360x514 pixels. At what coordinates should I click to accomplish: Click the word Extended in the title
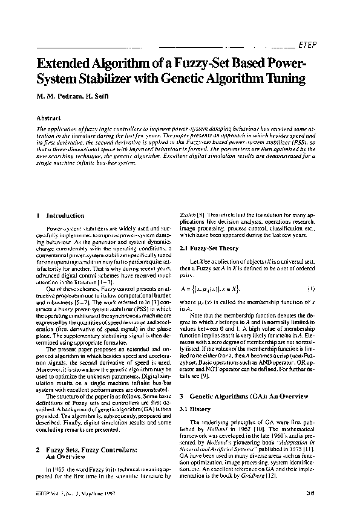[68, 63]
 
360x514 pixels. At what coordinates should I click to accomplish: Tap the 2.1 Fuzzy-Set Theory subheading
[210, 249]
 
